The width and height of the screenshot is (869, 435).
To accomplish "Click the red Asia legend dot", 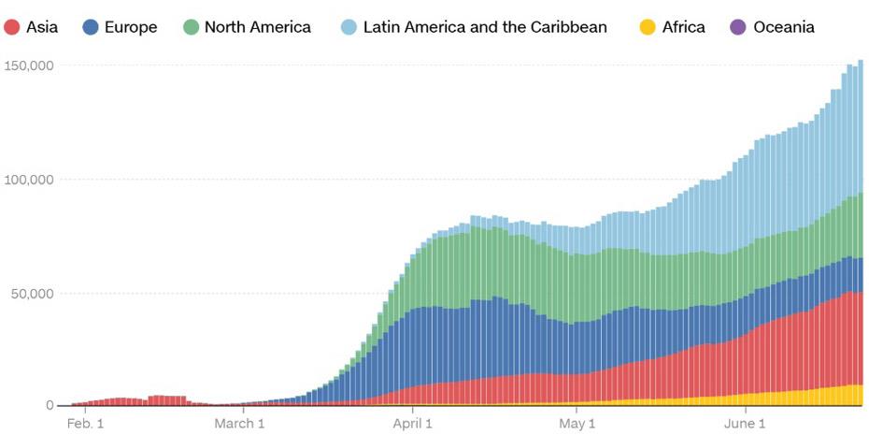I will [12, 27].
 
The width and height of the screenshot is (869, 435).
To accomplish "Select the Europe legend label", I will [131, 27].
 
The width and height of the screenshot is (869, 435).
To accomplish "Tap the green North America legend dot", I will [192, 27].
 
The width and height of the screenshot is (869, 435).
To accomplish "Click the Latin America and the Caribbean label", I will [485, 27].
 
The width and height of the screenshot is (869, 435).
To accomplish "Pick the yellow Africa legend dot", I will [648, 27].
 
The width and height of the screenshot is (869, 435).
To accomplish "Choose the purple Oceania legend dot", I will [738, 27].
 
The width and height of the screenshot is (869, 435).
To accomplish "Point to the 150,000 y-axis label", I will [28, 65].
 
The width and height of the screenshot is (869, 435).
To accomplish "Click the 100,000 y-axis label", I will [28, 180].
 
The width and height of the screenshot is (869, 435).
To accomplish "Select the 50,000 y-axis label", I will [32, 294].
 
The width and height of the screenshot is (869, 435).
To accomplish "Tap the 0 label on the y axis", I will [50, 406].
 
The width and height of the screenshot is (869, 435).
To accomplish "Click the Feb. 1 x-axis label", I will [84, 424].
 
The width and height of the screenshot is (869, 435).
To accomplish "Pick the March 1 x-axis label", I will [239, 424].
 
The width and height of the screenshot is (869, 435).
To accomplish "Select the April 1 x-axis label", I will [412, 424].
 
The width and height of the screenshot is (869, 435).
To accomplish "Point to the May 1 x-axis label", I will [577, 424].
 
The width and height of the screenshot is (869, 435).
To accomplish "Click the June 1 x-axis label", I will [746, 424].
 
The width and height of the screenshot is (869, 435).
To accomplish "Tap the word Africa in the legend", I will [683, 27].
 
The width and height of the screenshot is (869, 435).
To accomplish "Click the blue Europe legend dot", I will [91, 27].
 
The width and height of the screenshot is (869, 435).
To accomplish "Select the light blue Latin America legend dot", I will [349, 27].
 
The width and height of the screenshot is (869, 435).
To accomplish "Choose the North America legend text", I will [257, 27].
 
